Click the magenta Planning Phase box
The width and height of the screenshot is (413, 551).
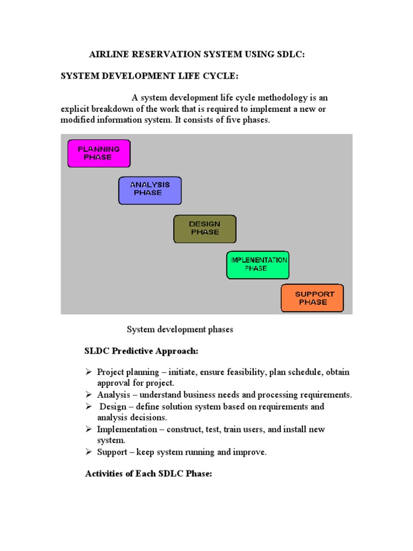98,153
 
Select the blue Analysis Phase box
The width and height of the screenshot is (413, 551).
150,190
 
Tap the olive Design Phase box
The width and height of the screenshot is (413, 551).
204,229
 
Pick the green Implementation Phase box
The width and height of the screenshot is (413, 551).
258,265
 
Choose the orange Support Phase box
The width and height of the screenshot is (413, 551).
312,298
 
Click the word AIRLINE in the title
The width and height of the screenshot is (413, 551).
108,54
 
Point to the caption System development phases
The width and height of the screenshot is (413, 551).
180,329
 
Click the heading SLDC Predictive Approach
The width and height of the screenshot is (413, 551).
141,351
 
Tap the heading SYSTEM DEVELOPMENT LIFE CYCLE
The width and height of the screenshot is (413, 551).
148,76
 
